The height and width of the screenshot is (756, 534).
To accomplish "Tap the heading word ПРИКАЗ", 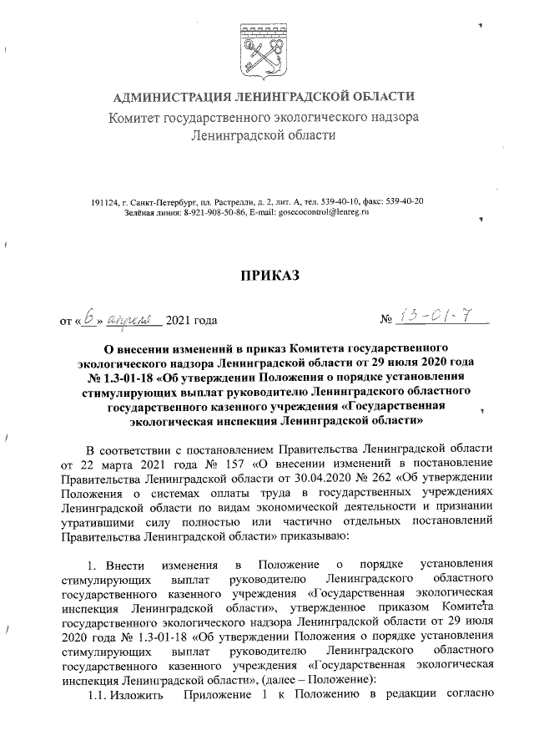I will [270, 276].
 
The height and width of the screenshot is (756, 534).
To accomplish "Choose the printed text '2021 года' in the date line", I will [193, 319].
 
